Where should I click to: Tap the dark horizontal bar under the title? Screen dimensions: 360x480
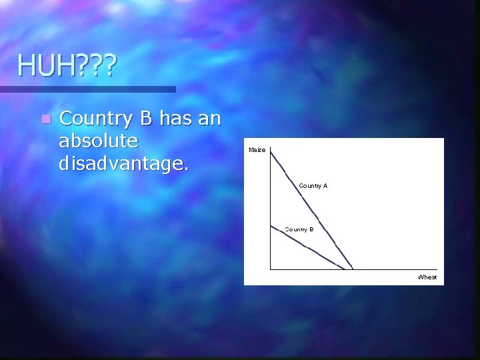coord(87,89)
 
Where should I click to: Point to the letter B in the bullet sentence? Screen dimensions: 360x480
coord(147,119)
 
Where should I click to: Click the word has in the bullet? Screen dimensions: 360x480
coord(177,119)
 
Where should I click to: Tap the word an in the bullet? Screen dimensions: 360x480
coord(211,119)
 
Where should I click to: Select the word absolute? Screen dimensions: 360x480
coord(99,141)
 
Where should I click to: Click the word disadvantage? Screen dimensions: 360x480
coord(123,162)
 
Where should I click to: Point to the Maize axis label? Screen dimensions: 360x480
coord(257,149)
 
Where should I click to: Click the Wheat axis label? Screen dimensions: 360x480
coord(427,277)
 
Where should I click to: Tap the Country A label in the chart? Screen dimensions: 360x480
coord(313,185)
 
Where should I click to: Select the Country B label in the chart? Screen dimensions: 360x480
coord(299,229)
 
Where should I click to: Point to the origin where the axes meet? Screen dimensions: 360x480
coord(270,269)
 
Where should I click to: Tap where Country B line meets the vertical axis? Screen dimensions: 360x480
coord(271,225)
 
